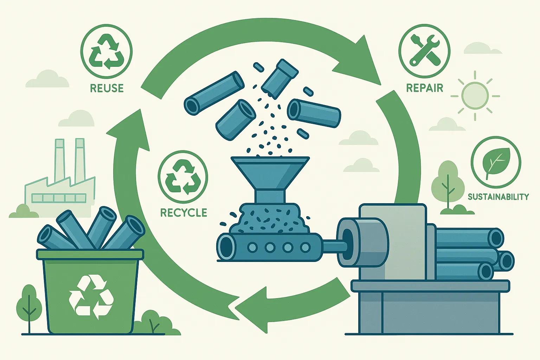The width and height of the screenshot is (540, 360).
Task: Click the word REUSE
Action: click(107, 88)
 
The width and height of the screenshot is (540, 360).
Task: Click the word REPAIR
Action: click(424, 88)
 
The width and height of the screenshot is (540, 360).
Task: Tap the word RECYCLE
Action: click(183, 212)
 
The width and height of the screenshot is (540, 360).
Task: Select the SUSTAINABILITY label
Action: click(498, 197)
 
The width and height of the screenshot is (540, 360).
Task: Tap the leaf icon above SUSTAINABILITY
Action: click(496, 163)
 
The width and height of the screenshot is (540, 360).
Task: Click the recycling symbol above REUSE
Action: click(107, 53)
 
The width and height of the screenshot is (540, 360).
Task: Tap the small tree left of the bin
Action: click(27, 302)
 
